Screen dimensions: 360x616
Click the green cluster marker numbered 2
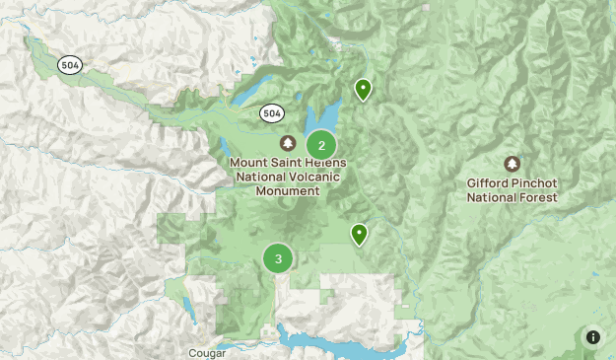coord(321,145)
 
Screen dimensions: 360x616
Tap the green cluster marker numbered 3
coord(278,258)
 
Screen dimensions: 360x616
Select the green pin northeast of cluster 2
coord(363,90)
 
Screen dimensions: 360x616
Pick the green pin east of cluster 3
coord(360,234)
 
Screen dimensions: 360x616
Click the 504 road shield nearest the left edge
coord(70,64)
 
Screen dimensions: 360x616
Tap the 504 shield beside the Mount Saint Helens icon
coord(273,113)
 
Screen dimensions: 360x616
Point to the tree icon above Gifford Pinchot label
coord(512,164)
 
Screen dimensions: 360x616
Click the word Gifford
coord(491,182)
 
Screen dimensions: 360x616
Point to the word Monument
coord(288,190)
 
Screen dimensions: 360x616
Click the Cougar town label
coord(206,352)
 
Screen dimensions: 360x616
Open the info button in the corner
coord(593,337)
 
